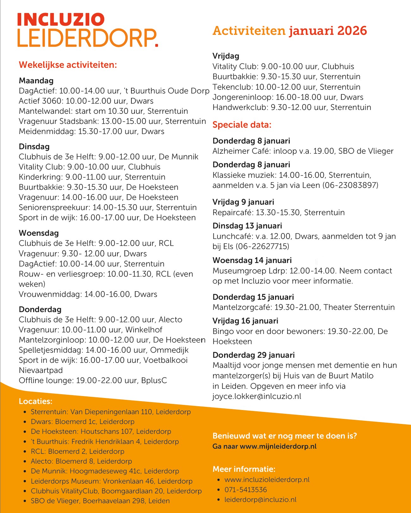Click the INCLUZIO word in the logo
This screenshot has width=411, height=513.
click(60, 20)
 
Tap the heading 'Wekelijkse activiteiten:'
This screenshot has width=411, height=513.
click(68, 65)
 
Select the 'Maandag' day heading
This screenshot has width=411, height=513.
click(36, 81)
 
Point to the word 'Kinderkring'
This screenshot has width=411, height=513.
click(40, 177)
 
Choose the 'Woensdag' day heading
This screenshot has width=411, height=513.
click(39, 233)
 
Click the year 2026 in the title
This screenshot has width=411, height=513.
click(352, 31)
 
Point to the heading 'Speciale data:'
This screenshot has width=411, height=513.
click(242, 125)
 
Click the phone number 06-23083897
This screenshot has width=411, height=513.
click(350, 185)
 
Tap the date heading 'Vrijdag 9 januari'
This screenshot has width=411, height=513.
click(243, 202)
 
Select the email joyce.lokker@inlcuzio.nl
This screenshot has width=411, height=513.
click(257, 396)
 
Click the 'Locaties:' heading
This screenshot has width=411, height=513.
click(35, 401)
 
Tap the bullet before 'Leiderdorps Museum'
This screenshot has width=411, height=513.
click(25, 481)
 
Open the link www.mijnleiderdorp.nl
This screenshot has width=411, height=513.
click(278, 446)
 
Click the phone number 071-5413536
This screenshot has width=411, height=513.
click(246, 490)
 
